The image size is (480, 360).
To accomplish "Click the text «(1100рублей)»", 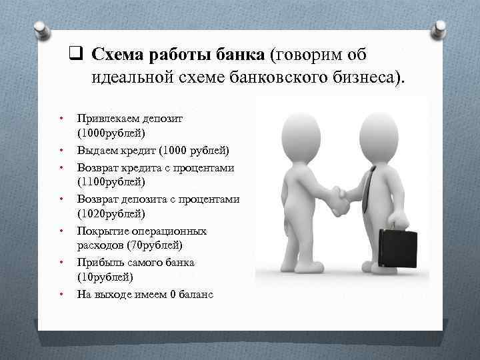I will click(x=110, y=181).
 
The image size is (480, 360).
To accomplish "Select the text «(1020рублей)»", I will click(x=110, y=213).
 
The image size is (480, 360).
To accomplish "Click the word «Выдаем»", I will click(x=97, y=149).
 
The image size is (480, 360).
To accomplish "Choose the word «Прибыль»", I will click(x=99, y=262).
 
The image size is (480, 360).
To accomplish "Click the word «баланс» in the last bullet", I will click(x=196, y=294).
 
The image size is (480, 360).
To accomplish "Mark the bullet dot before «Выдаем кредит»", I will click(x=61, y=149).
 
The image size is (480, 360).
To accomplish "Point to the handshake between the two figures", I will click(x=335, y=200).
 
